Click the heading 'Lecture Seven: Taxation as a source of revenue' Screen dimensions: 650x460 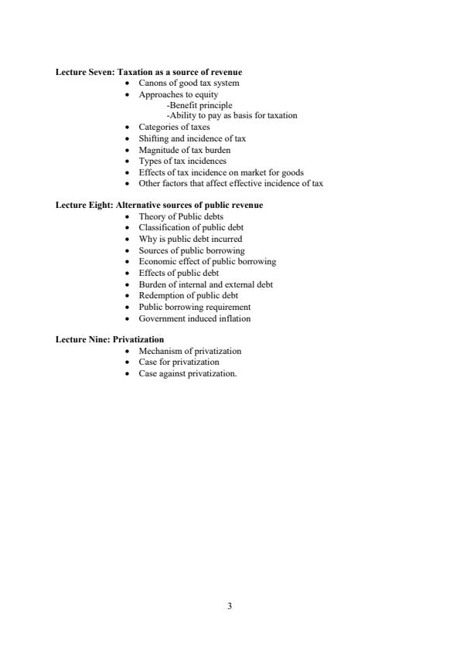click(148, 72)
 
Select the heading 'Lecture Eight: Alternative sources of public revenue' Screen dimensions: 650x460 click(159, 205)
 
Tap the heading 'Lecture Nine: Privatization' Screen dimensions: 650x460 click(110, 339)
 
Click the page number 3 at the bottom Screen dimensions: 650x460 click(230, 606)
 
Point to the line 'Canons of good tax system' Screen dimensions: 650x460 click(189, 83)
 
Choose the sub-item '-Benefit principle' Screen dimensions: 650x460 click(199, 105)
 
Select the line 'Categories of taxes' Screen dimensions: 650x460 click(174, 127)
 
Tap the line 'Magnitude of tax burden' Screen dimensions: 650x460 click(184, 150)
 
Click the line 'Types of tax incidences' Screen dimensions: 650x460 click(182, 161)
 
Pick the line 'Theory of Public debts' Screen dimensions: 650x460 click(181, 217)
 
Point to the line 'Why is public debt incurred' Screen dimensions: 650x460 click(190, 240)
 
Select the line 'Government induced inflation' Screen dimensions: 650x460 click(194, 318)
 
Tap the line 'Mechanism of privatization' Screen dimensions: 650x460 click(189, 351)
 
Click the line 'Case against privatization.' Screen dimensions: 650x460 click(188, 373)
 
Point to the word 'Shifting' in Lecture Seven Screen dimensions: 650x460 click(152, 138)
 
